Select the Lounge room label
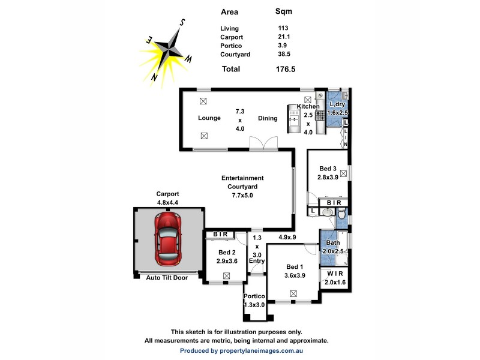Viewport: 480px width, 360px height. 209,118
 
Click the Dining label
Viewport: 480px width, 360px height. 268,118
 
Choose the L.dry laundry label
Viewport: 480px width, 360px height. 338,105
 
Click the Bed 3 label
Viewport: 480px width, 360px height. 328,169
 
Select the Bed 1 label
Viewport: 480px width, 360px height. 295,266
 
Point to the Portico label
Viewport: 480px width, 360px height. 254,296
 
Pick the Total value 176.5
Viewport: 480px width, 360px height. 286,69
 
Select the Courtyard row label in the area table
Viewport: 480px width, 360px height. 235,55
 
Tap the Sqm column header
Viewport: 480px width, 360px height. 283,11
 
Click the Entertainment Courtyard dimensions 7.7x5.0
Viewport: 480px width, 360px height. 242,195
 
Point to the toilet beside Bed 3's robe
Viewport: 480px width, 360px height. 340,213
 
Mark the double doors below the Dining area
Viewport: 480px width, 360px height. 264,144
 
